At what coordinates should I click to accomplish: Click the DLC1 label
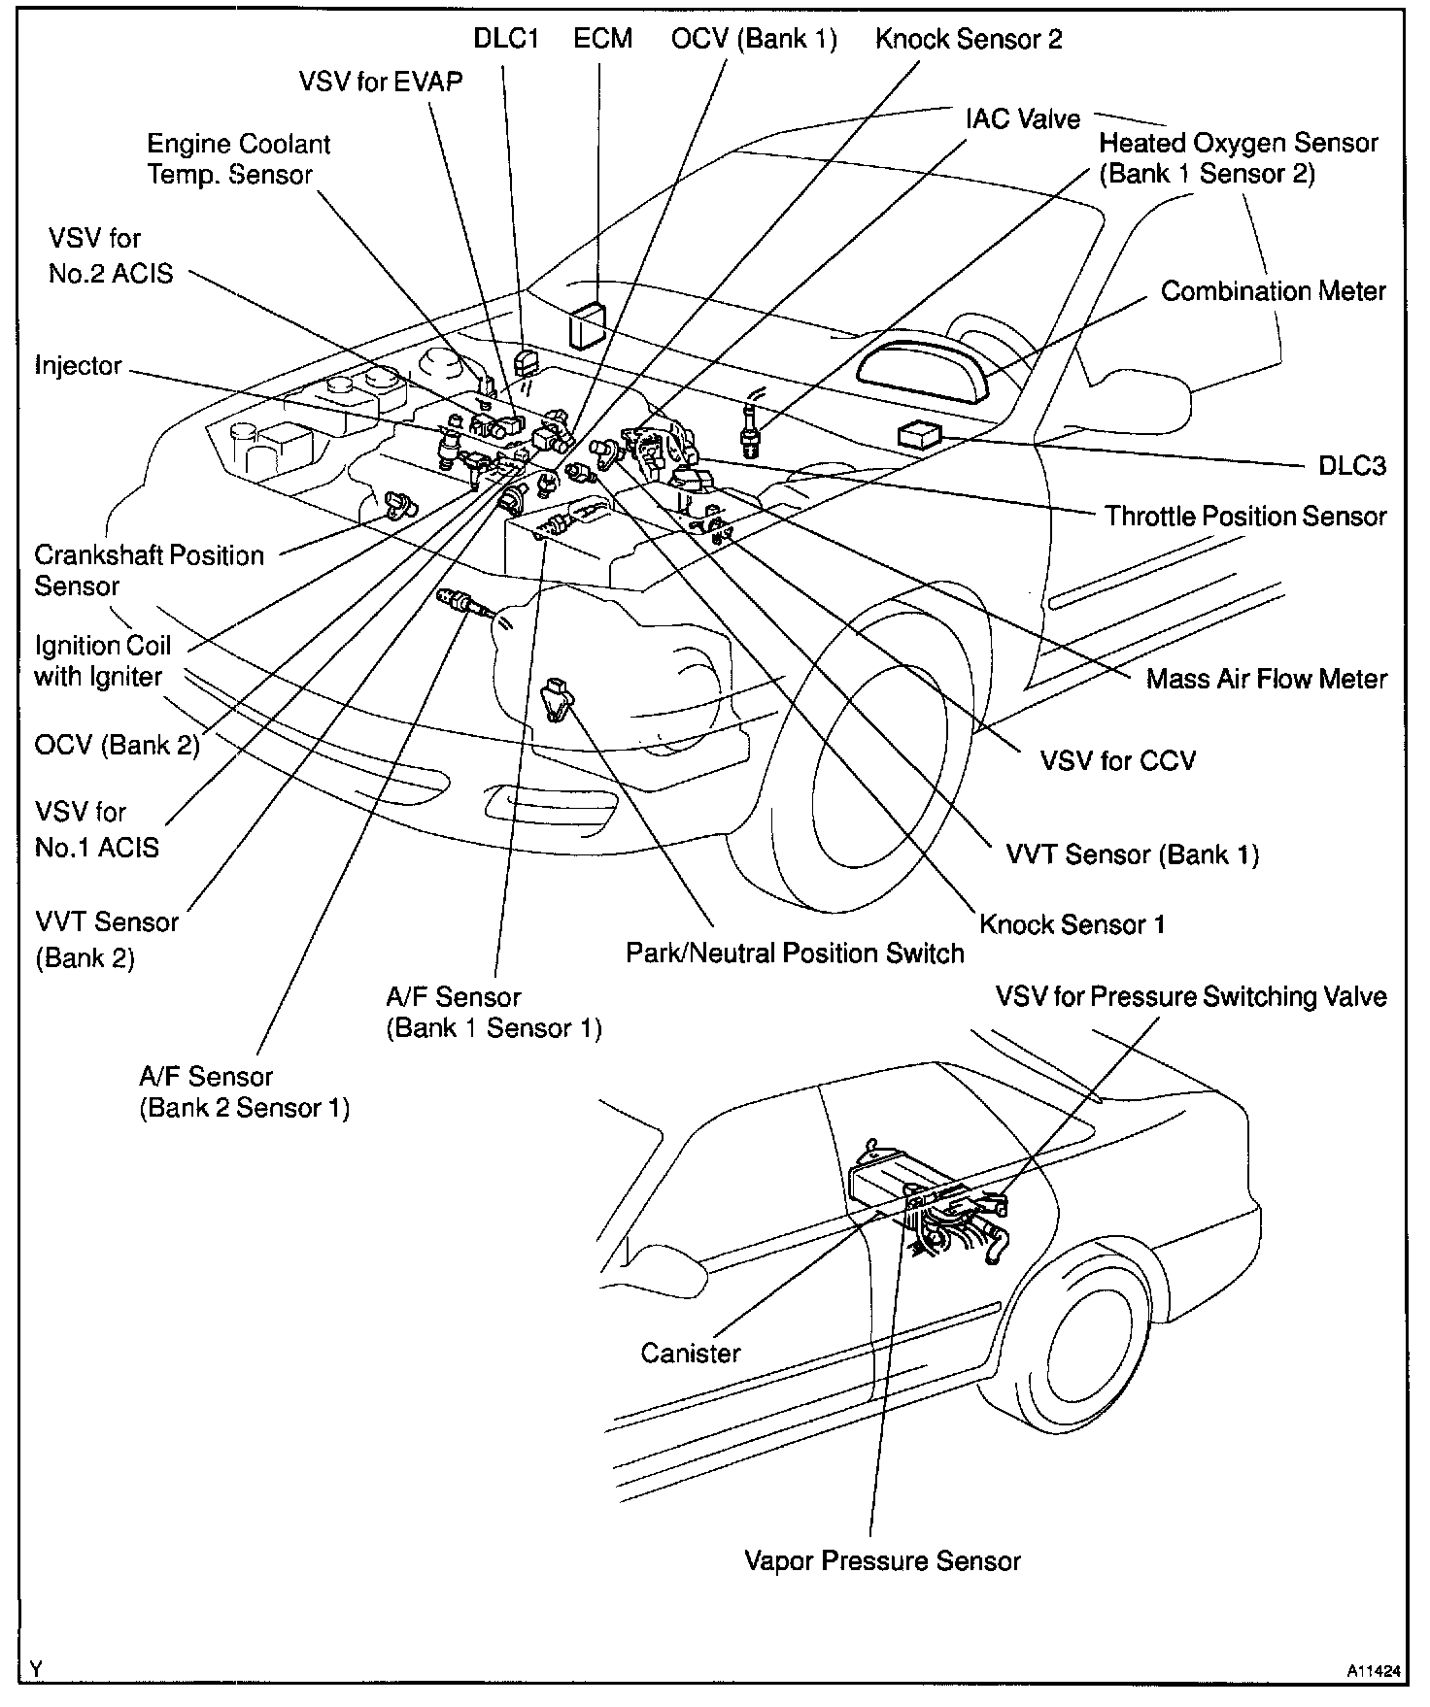(506, 39)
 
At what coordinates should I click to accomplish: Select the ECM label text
(602, 39)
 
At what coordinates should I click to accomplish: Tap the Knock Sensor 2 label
(969, 39)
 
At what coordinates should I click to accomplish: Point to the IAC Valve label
(1022, 118)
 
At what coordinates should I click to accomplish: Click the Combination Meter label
(1273, 291)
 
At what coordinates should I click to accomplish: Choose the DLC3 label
(1351, 466)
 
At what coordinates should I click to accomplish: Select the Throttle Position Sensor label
(1245, 516)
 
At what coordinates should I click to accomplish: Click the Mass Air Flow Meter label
(1267, 678)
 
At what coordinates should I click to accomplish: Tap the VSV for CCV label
(1117, 759)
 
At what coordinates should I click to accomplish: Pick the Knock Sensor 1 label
(1072, 923)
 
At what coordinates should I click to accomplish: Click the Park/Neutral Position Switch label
(795, 954)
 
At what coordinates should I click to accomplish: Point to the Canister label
(691, 1353)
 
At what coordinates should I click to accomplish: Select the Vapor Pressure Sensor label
(882, 1560)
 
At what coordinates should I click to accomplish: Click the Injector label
(79, 366)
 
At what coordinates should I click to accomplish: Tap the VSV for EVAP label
(381, 82)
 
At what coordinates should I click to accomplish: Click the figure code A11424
(1373, 1672)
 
